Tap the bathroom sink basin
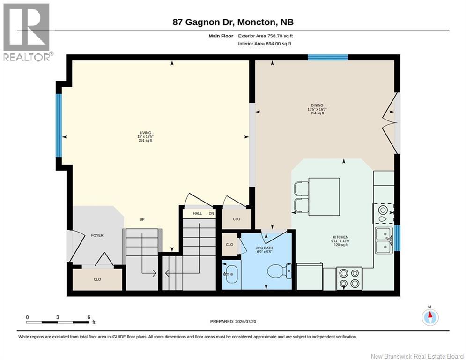pos(230,274)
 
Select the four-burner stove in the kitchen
pos(349,278)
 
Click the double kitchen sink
pos(384,240)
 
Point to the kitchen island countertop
pos(324,197)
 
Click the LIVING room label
pos(145,133)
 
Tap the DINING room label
pos(317,105)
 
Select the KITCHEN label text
pos(340,237)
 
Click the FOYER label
pos(97,235)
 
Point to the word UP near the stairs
pos(142,219)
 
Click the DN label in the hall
pos(211,213)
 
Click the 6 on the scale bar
pos(89,317)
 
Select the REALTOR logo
pos(27,32)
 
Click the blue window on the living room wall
pos(59,125)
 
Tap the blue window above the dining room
pos(327,57)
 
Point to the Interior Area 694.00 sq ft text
pos(265,44)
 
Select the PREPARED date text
pos(233,321)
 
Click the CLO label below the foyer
pos(97,279)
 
